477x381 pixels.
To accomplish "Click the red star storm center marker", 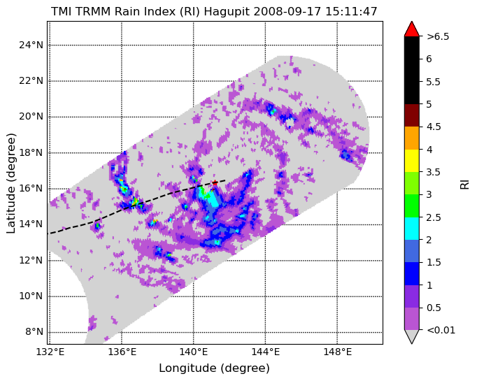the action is tap(215, 182).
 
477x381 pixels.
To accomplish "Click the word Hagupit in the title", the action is tap(227, 12).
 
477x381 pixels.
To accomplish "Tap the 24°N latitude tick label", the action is tap(31, 45).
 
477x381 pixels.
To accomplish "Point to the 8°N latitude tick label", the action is tap(34, 332).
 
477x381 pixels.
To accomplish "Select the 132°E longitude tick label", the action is tap(50, 352).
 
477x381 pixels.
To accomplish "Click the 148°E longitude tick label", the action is tap(337, 352).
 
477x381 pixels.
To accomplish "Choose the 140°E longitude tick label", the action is tap(194, 352).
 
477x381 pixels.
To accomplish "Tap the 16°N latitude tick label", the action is tap(31, 189).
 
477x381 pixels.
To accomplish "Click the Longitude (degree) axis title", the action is tap(214, 368).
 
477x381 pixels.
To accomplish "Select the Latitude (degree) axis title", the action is tap(10, 183).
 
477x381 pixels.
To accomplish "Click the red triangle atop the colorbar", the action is tap(411, 29).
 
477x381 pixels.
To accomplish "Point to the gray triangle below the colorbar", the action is tap(411, 337).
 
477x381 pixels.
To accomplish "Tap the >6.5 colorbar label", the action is tap(438, 37).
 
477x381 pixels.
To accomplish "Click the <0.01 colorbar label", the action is tap(441, 330).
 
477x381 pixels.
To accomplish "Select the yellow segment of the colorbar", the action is tap(411, 161).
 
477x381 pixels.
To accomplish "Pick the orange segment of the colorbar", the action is tap(411, 138).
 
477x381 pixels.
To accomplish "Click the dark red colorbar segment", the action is tap(411, 115).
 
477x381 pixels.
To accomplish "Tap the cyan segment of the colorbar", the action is tap(411, 229).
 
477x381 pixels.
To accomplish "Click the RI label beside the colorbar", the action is tap(464, 185).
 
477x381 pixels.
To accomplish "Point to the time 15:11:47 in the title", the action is tap(351, 12).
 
